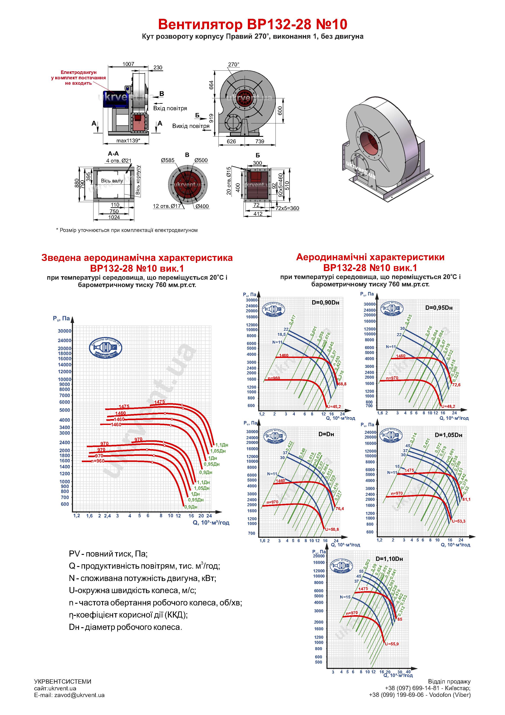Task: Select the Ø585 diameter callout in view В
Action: pyautogui.click(x=168, y=160)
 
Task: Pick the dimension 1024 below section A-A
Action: pyautogui.click(x=114, y=217)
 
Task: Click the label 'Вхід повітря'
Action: pyautogui.click(x=170, y=108)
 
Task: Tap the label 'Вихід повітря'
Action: pyautogui.click(x=191, y=126)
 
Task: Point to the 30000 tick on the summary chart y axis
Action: pyautogui.click(x=64, y=331)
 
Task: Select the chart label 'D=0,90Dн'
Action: pyautogui.click(x=325, y=303)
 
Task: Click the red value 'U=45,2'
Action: pyautogui.click(x=333, y=406)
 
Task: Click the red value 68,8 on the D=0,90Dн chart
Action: pyautogui.click(x=342, y=384)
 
